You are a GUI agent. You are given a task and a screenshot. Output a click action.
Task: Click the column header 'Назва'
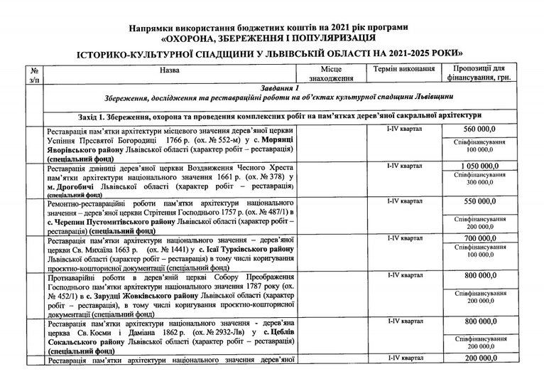point(169,71)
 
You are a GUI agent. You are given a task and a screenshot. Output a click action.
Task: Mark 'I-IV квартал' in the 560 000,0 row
point(402,129)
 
